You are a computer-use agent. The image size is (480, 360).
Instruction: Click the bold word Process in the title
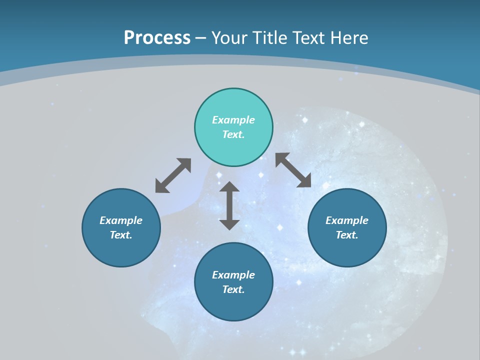157,38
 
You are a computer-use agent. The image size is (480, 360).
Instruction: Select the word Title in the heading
270,38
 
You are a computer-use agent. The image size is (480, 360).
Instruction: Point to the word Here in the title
348,38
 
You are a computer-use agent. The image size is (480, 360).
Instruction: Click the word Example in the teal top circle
233,120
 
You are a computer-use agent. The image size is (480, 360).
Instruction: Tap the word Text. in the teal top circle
233,134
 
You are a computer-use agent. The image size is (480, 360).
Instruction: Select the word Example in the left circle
121,220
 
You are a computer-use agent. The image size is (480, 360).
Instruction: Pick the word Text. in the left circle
121,235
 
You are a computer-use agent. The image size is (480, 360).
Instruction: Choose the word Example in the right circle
347,220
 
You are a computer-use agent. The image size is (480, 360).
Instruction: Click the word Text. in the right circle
347,235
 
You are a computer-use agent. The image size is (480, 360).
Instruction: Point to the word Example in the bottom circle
233,275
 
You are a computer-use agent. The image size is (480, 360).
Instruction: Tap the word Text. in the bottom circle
233,289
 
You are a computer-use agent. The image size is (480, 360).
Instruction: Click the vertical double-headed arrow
229,205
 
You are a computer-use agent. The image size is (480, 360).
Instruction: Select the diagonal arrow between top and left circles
173,175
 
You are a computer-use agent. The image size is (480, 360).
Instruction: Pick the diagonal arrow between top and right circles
293,170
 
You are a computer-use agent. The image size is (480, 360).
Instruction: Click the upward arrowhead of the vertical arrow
229,186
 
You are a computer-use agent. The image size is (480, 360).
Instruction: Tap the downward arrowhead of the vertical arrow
229,224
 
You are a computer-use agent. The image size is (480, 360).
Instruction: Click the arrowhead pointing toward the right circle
305,181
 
